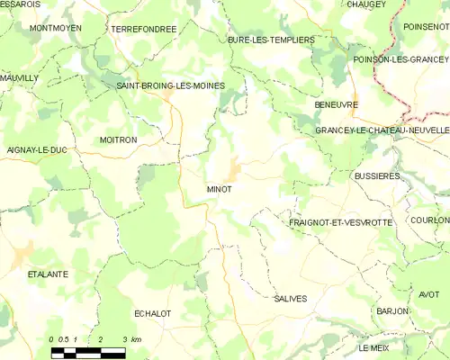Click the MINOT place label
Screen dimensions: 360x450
pyautogui.click(x=219, y=190)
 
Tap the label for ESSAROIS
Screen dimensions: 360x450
pyautogui.click(x=21, y=4)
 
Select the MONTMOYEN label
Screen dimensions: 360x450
pyautogui.click(x=57, y=28)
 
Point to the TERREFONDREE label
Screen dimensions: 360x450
pyautogui.click(x=143, y=29)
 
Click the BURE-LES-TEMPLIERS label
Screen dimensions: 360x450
pyautogui.click(x=271, y=40)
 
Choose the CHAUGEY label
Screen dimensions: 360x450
pyautogui.click(x=365, y=4)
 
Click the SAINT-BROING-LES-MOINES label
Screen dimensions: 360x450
pyautogui.click(x=171, y=85)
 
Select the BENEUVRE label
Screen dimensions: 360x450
pyautogui.click(x=337, y=104)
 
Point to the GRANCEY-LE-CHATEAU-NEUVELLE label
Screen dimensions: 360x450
pyautogui.click(x=382, y=130)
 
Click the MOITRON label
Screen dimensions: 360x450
pyautogui.click(x=118, y=140)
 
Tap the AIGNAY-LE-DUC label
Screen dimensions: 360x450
pyautogui.click(x=36, y=149)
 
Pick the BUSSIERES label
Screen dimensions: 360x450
pyautogui.click(x=376, y=176)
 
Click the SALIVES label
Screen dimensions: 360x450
pyautogui.click(x=290, y=298)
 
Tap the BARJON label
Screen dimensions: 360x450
pyautogui.click(x=393, y=311)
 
